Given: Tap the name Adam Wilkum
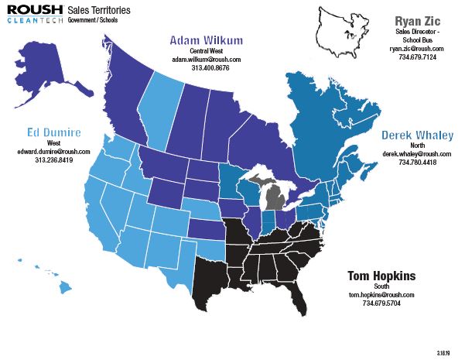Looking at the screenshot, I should click(x=206, y=40).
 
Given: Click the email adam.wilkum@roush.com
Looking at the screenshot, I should click(x=206, y=59).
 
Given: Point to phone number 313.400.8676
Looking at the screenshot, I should click(x=206, y=68).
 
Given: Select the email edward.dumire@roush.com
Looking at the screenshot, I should click(x=53, y=151).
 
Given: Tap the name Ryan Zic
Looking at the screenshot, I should click(x=417, y=19).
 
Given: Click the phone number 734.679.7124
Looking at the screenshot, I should click(x=417, y=57).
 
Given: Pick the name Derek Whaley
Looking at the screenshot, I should click(x=417, y=135).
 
